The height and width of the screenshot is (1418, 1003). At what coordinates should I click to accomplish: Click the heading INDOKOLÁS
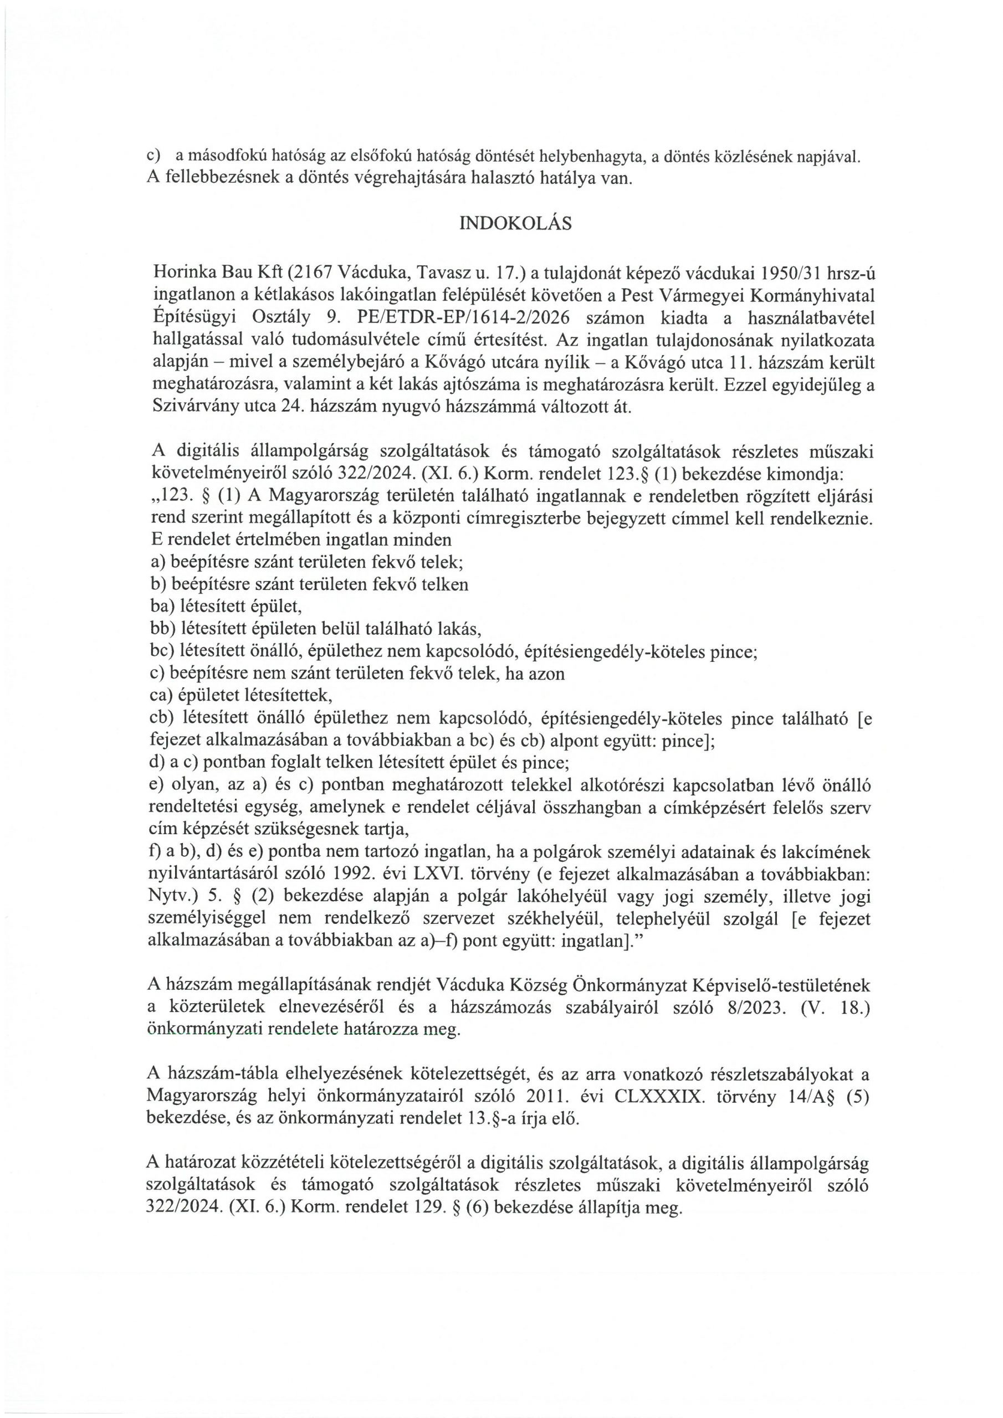pyautogui.click(x=515, y=224)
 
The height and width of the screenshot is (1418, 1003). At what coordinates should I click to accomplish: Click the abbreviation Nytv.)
pyautogui.click(x=172, y=897)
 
